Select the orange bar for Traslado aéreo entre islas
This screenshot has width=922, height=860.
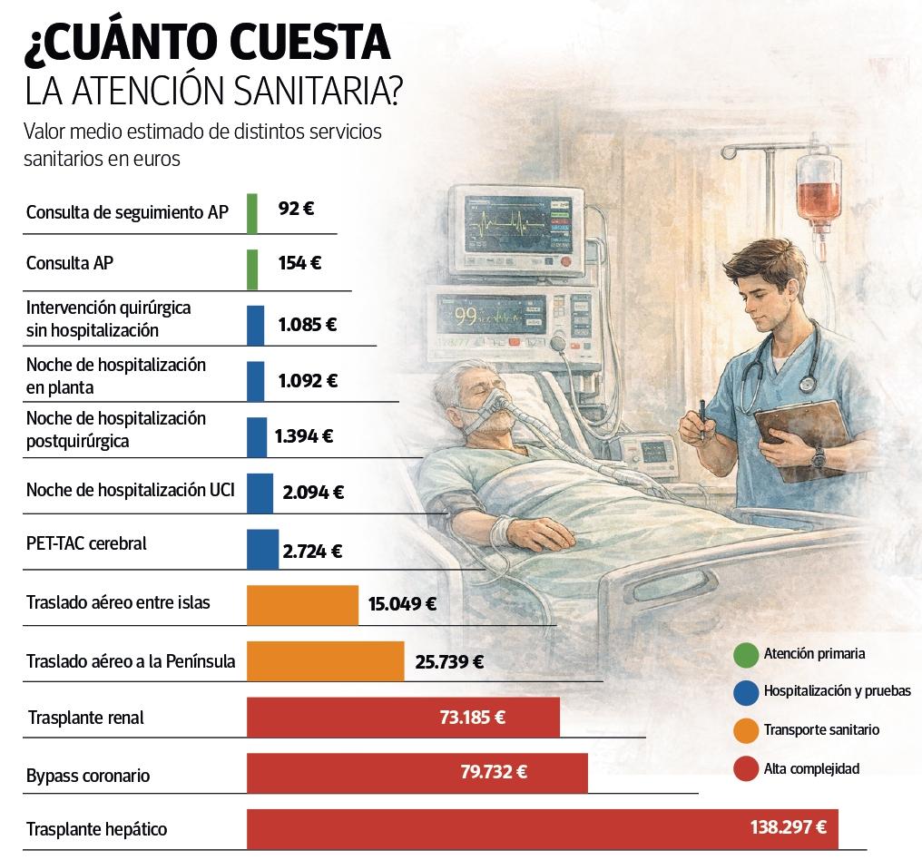coord(302,605)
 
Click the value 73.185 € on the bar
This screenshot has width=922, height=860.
coord(472,718)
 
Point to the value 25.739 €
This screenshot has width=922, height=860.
coord(449,662)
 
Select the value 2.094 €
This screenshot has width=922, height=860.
coord(313,493)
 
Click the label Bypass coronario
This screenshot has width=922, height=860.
coord(88,776)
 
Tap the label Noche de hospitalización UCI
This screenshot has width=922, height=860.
coord(131,490)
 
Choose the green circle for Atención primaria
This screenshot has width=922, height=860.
coord(745,654)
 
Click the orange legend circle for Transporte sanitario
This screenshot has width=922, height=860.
coord(745,730)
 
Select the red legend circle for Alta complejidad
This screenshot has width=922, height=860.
coord(745,769)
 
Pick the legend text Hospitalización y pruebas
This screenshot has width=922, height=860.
coord(837,691)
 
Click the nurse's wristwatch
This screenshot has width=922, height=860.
coord(819,457)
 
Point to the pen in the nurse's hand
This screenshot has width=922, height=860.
coord(701,418)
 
